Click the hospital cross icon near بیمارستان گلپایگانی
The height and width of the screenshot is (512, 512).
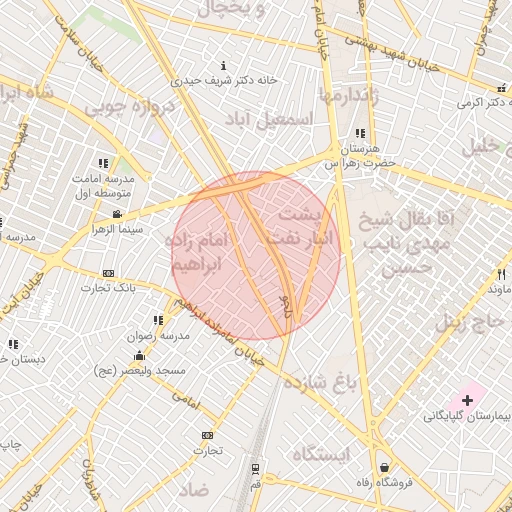point(468,399)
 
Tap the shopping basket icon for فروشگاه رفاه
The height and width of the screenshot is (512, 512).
point(385,467)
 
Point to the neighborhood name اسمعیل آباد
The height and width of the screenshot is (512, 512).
point(270,118)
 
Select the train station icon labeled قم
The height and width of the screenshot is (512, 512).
point(257,467)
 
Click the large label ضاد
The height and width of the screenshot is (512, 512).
point(194,490)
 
